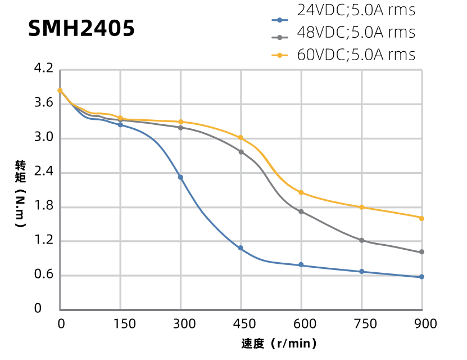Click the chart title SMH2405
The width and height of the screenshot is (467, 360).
[x=81, y=28]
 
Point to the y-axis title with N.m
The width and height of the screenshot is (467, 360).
[x=21, y=193]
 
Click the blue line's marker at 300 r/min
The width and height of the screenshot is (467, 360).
[x=180, y=177]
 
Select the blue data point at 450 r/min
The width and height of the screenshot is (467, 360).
[x=241, y=248]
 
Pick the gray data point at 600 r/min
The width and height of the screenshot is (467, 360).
[x=301, y=211]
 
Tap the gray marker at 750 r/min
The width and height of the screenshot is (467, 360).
[x=361, y=240]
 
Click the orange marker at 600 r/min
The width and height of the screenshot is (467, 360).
[x=301, y=192]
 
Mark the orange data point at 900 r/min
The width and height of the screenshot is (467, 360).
[x=421, y=218]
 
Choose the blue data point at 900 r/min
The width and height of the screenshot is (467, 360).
[x=421, y=277]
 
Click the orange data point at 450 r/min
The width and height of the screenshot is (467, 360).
[x=241, y=138]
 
